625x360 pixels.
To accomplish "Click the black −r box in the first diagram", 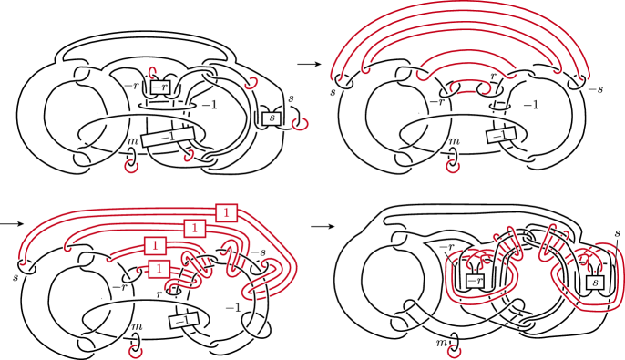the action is pos(160,87).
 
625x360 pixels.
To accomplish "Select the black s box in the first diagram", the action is pos(272,118).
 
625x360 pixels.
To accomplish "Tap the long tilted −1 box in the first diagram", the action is pos(169,137).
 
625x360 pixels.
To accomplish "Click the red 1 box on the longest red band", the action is pos(226,212).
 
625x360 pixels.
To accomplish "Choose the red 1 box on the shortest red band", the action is pos(159,269).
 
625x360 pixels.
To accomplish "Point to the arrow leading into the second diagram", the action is pos(309,64).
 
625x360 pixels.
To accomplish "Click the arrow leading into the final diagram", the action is pos(323,226).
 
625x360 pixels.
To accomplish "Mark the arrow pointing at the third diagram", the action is pos(12,224).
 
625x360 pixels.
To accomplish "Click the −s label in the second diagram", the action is pos(596,89).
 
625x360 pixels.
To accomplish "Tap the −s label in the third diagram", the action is pos(259,252).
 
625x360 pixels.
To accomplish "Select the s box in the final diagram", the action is pos(595,283).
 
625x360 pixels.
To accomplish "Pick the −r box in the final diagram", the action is pos(475,281).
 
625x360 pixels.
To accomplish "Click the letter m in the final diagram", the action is pos(441,343).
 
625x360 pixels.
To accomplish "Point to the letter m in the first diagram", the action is pos(131,141).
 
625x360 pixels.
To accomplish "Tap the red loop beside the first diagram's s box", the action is pos(300,123).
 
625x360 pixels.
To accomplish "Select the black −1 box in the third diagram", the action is pos(184,321).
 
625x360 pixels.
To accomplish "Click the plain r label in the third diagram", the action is pos(159,294).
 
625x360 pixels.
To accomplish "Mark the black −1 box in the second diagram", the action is pos(501,135).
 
